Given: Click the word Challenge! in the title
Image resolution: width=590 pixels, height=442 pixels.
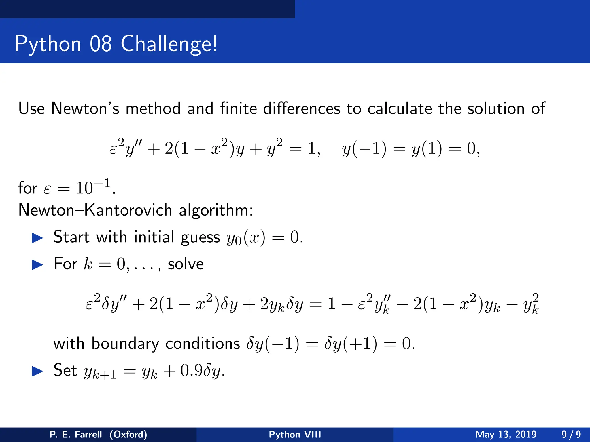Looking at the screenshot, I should pyautogui.click(x=169, y=44).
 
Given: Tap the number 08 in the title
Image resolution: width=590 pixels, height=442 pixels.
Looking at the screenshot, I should pyautogui.click(x=101, y=44).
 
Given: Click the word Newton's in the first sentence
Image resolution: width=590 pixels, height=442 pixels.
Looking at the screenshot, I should pyautogui.click(x=85, y=108).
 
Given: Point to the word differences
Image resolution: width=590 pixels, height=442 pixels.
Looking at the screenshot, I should pyautogui.click(x=301, y=108).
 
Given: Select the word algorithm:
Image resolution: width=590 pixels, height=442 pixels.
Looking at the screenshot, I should pyautogui.click(x=216, y=210).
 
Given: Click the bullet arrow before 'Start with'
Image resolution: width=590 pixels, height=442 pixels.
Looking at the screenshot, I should pyautogui.click(x=37, y=238).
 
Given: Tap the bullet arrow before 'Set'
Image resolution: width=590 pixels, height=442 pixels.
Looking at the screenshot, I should pyautogui.click(x=37, y=371).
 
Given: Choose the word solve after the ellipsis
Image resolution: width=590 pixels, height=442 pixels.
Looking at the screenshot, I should pyautogui.click(x=186, y=264).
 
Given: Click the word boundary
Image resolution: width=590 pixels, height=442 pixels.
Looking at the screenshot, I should pyautogui.click(x=125, y=344).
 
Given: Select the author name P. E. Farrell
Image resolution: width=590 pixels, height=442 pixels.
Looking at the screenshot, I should pyautogui.click(x=76, y=434).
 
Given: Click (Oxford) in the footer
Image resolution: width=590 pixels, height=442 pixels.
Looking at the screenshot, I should pyautogui.click(x=128, y=434).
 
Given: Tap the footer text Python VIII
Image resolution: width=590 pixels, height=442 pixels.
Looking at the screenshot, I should pyautogui.click(x=295, y=434).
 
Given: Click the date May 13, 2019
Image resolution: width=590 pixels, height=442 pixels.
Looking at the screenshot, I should pyautogui.click(x=506, y=434).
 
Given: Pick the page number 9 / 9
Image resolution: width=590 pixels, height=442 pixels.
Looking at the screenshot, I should pyautogui.click(x=571, y=434).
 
